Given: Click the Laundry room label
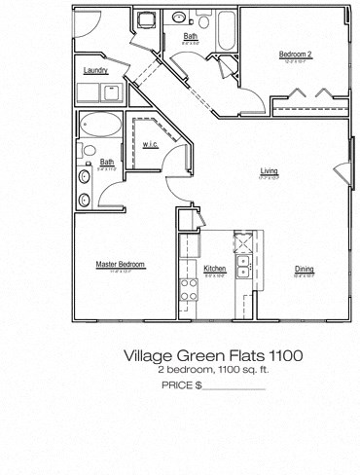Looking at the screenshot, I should [95, 71].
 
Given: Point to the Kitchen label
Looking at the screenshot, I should [214, 268].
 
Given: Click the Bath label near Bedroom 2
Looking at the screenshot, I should [190, 36].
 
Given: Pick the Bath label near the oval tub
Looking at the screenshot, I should [107, 162].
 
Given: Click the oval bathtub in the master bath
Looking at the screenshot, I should [100, 126].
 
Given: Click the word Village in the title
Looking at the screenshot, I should [149, 357].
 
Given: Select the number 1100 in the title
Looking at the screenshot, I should [284, 357].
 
